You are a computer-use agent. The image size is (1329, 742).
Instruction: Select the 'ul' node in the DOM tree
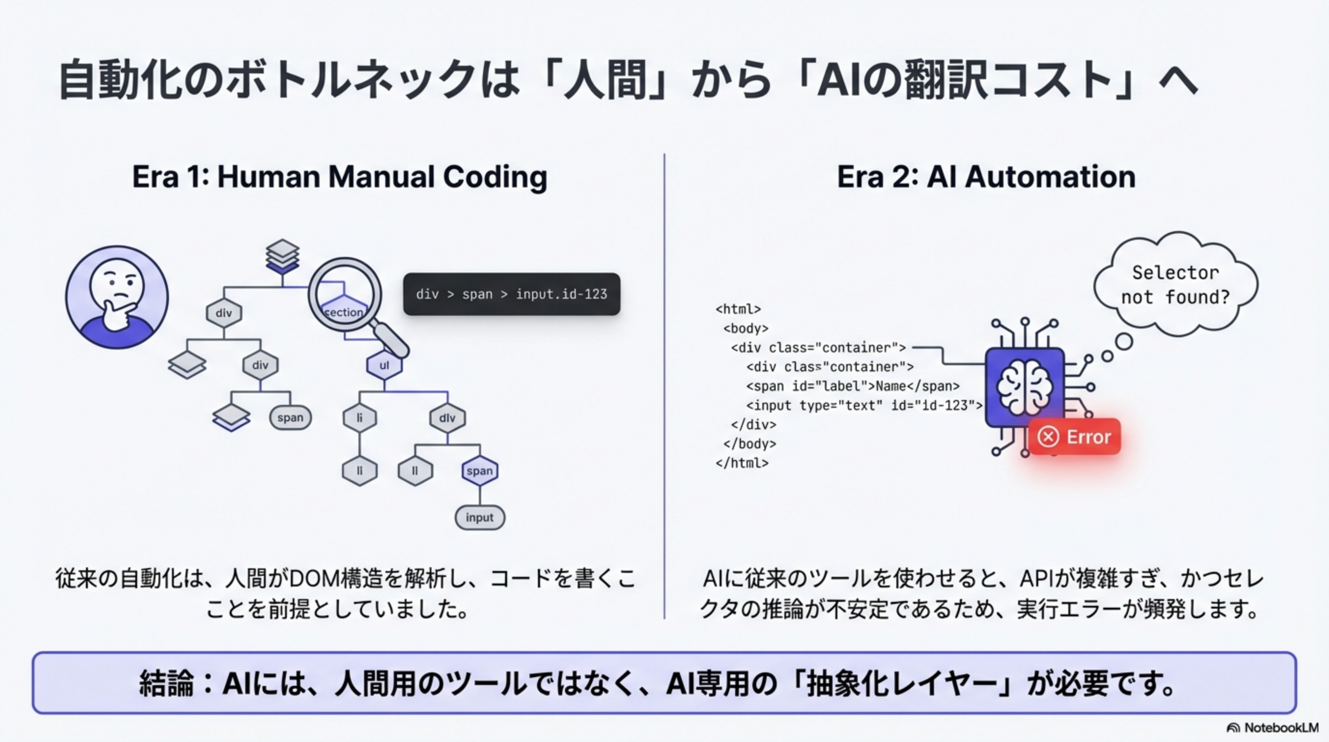(384, 365)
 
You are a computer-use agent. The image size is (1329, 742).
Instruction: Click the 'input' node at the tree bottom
(479, 517)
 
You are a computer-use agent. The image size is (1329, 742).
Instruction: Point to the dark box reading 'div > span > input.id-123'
(511, 294)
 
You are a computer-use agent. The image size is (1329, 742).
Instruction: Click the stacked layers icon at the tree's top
(282, 256)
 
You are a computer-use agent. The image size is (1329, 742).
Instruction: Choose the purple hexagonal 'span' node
(479, 471)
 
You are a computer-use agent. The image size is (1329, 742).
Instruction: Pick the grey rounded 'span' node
(290, 417)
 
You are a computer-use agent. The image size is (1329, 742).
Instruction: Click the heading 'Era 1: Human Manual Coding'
(339, 177)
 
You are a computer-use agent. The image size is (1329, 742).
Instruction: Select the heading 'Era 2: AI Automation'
(986, 177)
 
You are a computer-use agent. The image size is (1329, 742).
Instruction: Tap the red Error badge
(1075, 437)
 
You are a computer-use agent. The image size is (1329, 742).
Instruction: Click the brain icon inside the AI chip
(1024, 387)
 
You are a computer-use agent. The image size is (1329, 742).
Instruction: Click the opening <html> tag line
(738, 309)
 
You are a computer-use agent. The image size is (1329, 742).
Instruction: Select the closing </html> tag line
(742, 463)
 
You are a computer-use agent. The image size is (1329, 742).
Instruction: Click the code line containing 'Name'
(852, 386)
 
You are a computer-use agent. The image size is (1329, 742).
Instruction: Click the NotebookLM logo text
(1281, 728)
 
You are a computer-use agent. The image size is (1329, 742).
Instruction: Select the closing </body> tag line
(749, 444)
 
